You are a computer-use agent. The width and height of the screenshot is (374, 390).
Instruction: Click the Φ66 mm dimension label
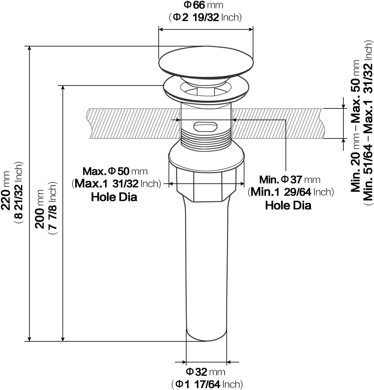pyautogui.click(x=203, y=5)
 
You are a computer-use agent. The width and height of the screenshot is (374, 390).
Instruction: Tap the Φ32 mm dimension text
pyautogui.click(x=205, y=371)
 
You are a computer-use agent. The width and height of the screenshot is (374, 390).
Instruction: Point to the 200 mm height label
pyautogui.click(x=41, y=209)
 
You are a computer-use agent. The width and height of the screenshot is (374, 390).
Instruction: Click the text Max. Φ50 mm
pyautogui.click(x=115, y=171)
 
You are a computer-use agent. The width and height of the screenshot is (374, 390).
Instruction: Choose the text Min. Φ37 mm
pyautogui.click(x=290, y=179)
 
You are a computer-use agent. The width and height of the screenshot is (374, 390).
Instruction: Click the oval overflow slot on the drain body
pyautogui.click(x=205, y=127)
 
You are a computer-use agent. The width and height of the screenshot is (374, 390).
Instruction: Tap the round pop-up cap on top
pyautogui.click(x=206, y=61)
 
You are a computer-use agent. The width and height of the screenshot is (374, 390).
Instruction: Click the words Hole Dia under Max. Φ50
pyautogui.click(x=114, y=197)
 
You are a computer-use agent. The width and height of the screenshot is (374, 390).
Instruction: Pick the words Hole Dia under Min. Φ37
pyautogui.click(x=288, y=205)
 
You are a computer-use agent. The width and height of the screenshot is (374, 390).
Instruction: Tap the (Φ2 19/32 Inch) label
pyautogui.click(x=205, y=17)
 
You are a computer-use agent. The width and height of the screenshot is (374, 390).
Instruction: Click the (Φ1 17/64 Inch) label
pyautogui.click(x=207, y=384)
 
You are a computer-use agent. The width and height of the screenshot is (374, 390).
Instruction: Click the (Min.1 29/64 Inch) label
pyautogui.click(x=291, y=192)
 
